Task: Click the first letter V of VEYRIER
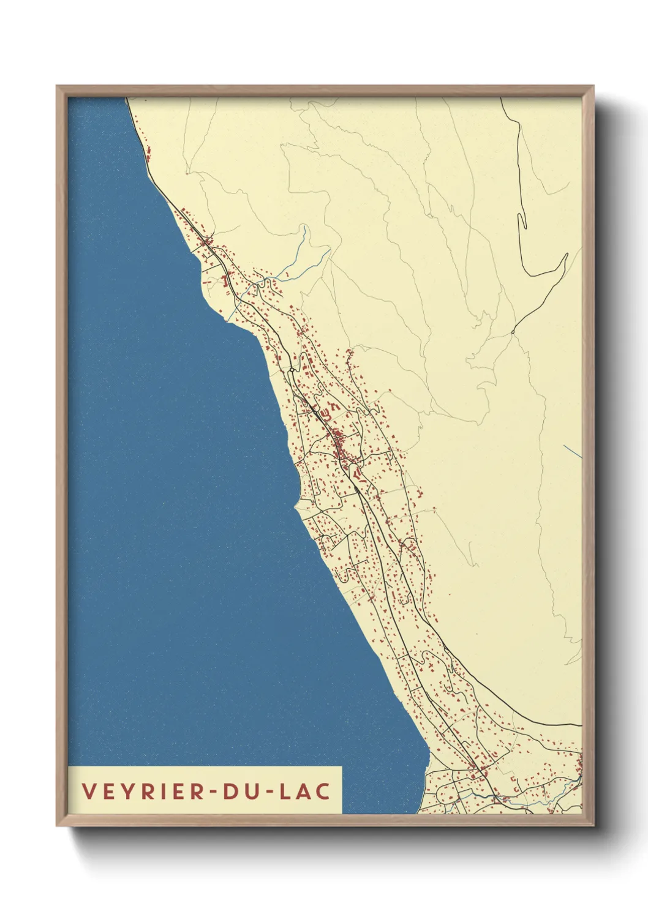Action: click(x=89, y=791)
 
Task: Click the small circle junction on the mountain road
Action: click(x=513, y=332)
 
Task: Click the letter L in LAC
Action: click(x=285, y=791)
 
